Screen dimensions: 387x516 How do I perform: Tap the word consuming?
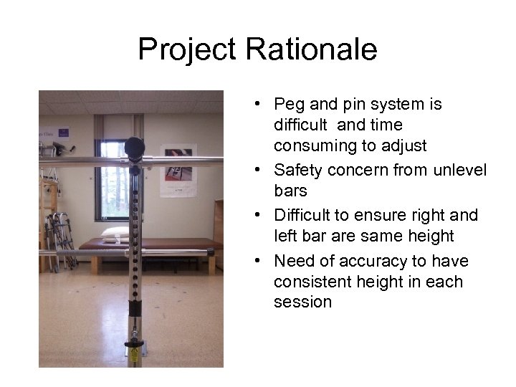(309, 145)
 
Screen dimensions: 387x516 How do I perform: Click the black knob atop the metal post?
(134, 147)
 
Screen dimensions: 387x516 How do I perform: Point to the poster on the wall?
(178, 170)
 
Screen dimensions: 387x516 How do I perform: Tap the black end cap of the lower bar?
(211, 252)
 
